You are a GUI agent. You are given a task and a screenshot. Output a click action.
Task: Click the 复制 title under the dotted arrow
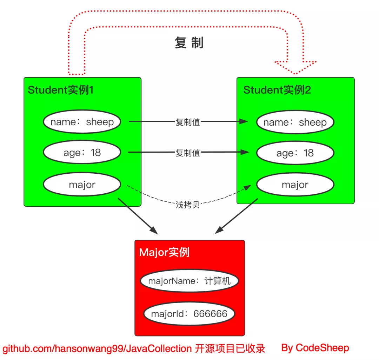coord(189,43)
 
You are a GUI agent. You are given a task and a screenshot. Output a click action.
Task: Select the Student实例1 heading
coord(61,90)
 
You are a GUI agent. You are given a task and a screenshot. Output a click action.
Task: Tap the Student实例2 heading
coord(277,90)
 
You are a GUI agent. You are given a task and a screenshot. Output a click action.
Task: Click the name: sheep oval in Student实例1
coord(82,122)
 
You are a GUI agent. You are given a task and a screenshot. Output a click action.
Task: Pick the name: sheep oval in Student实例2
coord(295,122)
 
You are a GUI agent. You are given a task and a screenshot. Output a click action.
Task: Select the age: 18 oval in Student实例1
coord(82,153)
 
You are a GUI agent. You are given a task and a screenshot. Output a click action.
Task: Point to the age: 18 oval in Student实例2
coord(295,153)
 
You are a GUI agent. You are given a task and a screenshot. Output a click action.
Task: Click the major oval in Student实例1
coord(82,185)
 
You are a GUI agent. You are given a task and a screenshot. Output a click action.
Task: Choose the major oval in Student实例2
coord(295,185)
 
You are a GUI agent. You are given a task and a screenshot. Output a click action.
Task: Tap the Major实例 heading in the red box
coord(164,252)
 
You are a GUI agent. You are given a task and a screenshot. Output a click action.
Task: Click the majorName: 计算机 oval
coord(189,281)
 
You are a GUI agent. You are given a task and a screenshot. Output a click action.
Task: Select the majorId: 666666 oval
coord(189,313)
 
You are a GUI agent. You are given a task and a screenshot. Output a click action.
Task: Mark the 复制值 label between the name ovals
coord(188,122)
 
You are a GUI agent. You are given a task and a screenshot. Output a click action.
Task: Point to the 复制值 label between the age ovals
coord(188,153)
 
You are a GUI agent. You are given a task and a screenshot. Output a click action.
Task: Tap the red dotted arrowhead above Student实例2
coord(295,67)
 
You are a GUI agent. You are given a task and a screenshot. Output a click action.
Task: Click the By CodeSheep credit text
coord(315,348)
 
